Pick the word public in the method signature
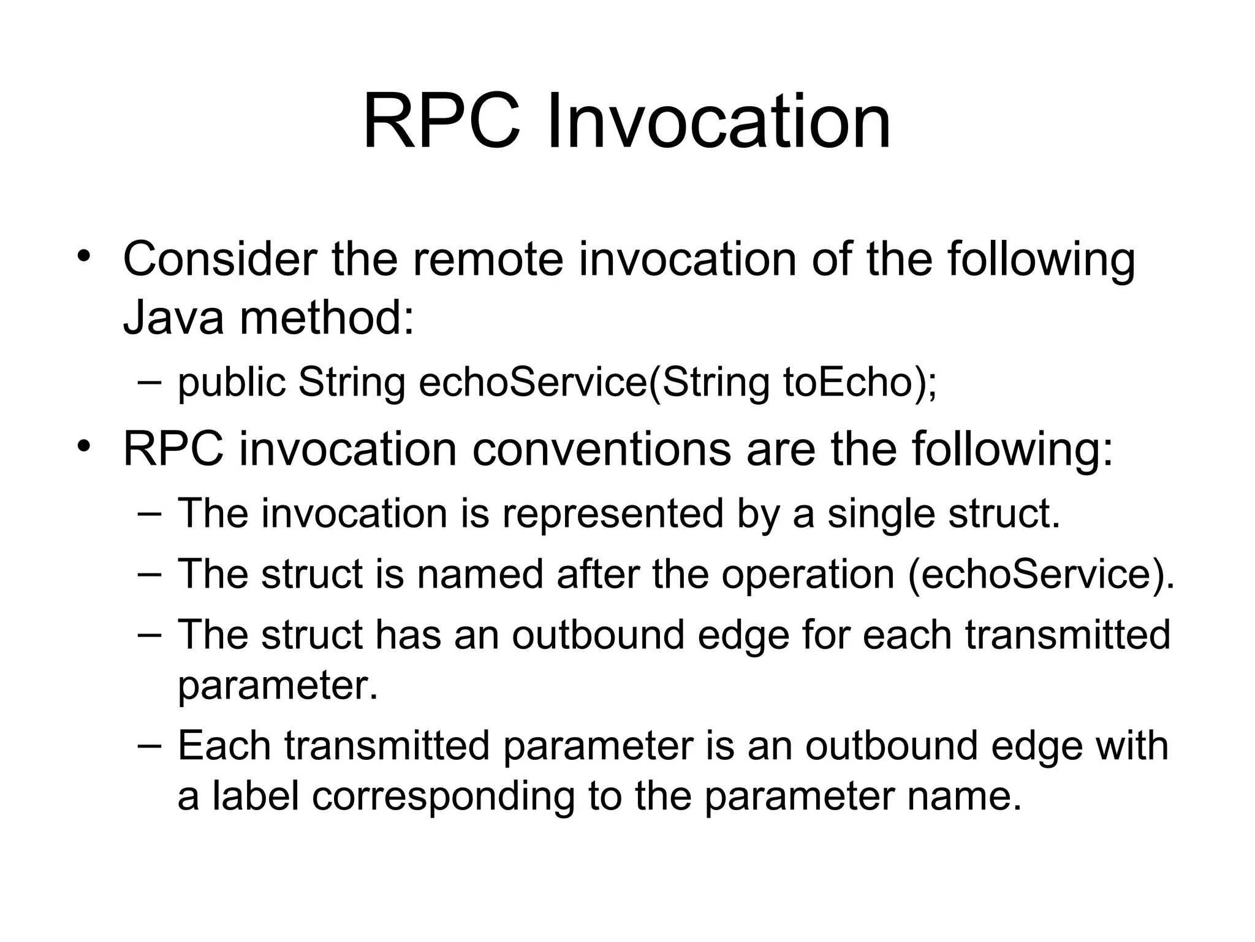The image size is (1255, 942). coord(231,382)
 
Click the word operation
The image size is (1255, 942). coord(808,575)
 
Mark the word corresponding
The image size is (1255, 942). coord(443,795)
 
